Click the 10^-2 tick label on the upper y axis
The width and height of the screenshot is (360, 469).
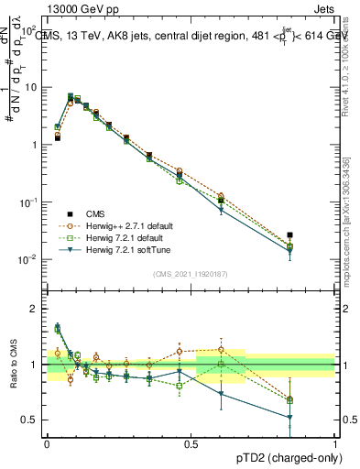(27, 260)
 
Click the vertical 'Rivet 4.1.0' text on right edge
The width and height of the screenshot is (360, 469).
(345, 69)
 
